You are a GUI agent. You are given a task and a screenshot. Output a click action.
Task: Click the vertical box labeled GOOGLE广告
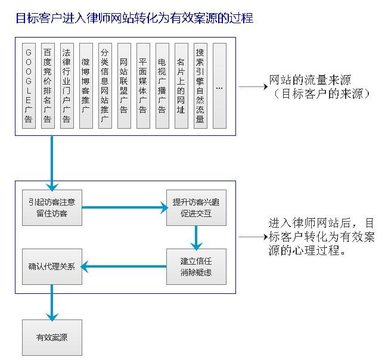(29, 86)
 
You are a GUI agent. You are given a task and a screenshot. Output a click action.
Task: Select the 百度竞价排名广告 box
(48, 86)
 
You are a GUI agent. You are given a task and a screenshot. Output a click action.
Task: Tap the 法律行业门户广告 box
(67, 86)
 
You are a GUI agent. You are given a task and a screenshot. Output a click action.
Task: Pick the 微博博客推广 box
(86, 86)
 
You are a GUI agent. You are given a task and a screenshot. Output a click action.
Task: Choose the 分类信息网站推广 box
(105, 86)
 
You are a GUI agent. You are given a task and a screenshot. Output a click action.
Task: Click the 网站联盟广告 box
(124, 86)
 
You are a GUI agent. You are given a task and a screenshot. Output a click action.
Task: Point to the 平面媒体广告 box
(143, 86)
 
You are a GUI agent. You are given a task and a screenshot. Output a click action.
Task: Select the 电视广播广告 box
(162, 86)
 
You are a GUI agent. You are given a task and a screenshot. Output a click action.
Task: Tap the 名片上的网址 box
(181, 86)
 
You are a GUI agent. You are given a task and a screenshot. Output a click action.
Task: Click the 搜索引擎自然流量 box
(200, 86)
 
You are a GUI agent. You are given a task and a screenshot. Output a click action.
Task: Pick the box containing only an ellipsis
(219, 86)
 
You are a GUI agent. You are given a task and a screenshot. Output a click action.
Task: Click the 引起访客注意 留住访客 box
(52, 207)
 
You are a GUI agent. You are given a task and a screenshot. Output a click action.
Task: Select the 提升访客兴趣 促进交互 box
(196, 207)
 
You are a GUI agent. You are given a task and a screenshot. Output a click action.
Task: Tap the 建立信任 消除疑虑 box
(196, 266)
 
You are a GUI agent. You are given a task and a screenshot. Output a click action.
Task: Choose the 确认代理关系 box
(52, 266)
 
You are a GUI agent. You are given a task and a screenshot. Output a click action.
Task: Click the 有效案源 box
(52, 337)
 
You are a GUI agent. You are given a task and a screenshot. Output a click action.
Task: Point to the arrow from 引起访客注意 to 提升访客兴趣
(125, 207)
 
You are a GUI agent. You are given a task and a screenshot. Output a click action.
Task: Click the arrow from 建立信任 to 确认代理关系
(123, 266)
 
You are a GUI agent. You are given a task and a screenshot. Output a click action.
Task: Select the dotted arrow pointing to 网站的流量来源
(253, 86)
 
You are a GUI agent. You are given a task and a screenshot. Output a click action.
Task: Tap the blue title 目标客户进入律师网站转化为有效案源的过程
(134, 18)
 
